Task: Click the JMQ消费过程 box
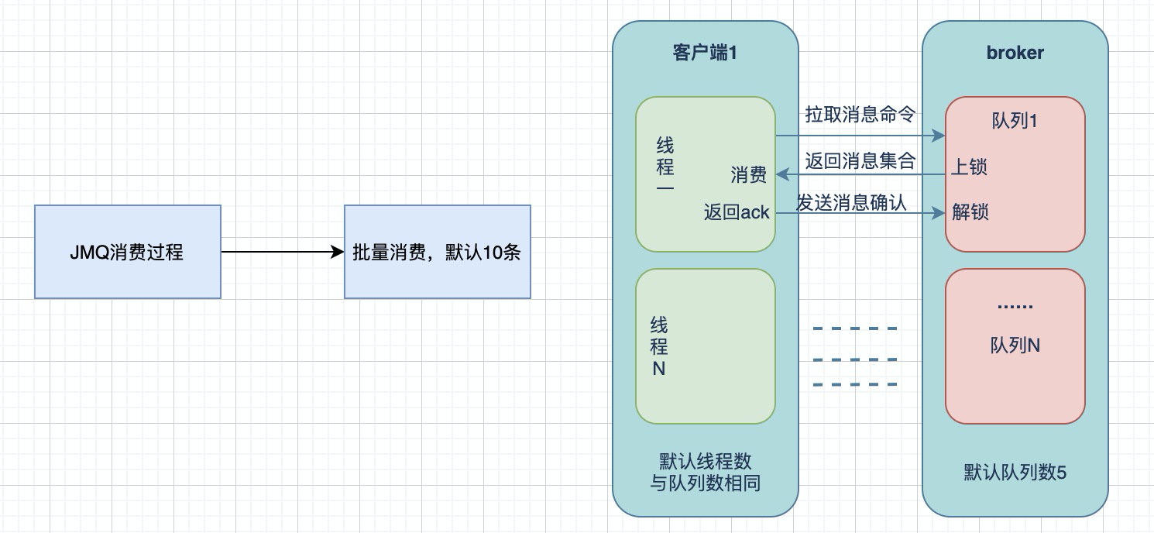point(128,252)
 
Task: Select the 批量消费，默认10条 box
point(438,252)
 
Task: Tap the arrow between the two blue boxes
point(283,252)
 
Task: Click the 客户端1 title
point(705,53)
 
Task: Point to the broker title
point(1015,53)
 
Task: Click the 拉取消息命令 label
point(860,115)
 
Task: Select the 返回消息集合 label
point(860,160)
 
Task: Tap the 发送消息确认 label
point(852,202)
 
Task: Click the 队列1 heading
point(1015,121)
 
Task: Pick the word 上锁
point(969,167)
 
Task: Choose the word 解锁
point(970,211)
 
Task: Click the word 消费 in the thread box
point(749,174)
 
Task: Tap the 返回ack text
point(737,212)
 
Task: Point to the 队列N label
point(1015,346)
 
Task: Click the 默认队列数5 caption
point(1015,472)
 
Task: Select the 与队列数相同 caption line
point(705,483)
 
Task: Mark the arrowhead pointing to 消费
point(781,174)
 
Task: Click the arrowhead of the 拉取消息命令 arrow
point(939,136)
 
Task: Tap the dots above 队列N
point(1015,307)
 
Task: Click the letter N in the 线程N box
point(659,369)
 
